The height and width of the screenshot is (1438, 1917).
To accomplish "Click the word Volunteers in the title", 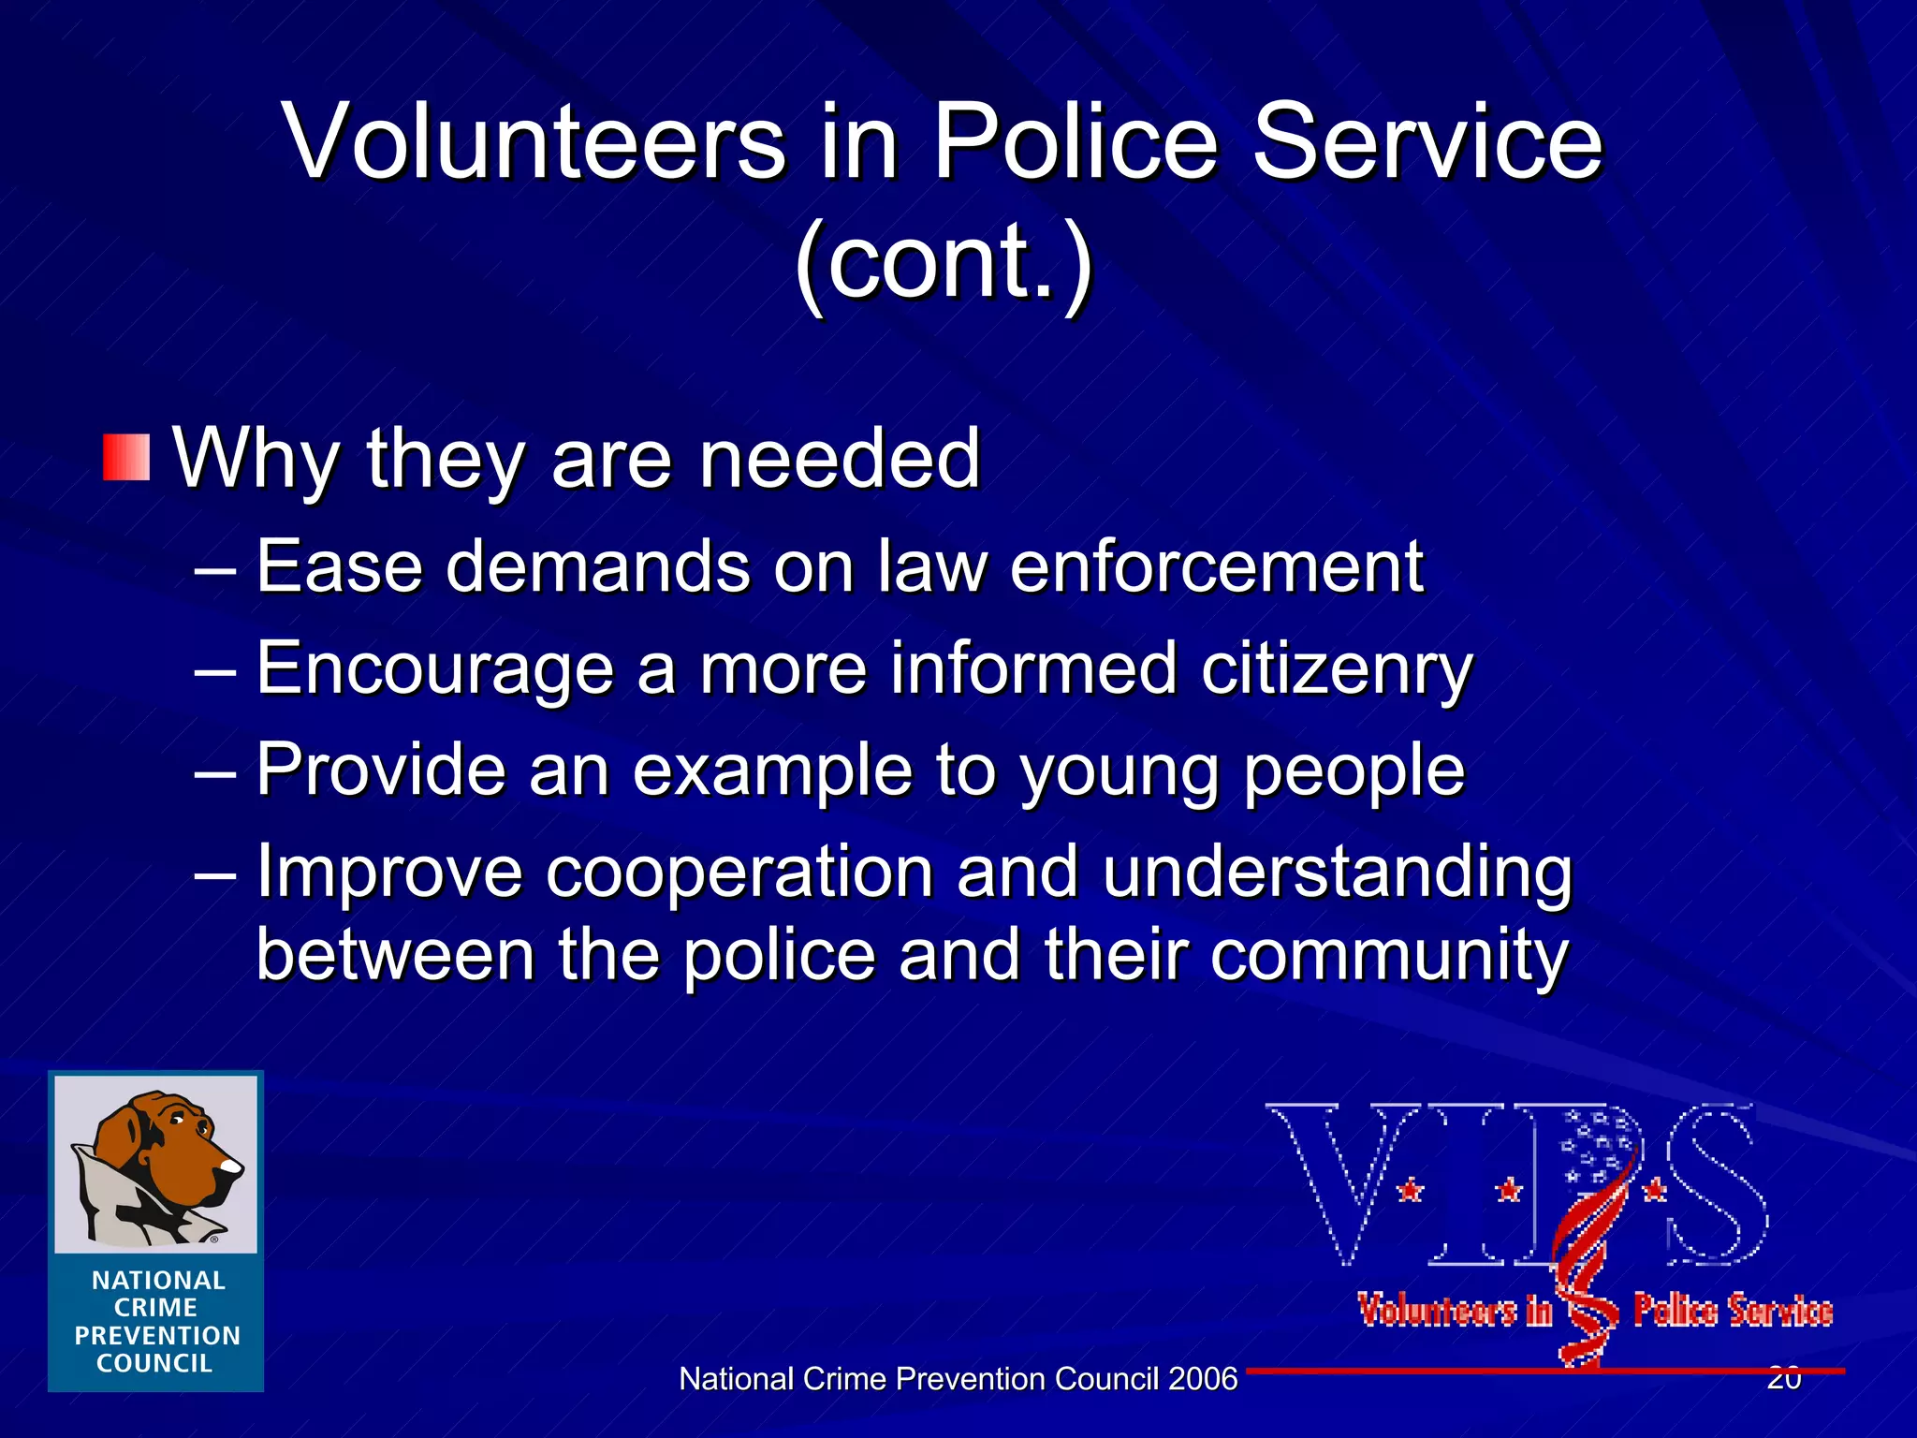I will point(534,142).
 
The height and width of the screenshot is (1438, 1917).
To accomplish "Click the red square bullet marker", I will point(126,458).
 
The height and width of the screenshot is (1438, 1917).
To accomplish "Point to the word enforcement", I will point(1216,567).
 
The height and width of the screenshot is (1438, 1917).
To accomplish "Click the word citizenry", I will point(1337,670).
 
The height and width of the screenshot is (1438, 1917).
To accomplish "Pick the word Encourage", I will point(435,670).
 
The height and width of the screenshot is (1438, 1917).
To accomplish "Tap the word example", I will point(772,770).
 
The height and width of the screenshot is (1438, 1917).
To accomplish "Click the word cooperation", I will point(739,872).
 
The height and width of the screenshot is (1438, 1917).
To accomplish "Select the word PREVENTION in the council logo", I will point(157,1335).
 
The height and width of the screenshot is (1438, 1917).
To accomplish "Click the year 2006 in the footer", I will point(1202,1379).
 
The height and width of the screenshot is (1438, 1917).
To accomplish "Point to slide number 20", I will point(1784,1378).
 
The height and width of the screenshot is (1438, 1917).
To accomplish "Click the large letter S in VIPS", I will point(1713,1184).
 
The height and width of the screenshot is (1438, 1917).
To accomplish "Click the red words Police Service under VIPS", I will point(1733,1311).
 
